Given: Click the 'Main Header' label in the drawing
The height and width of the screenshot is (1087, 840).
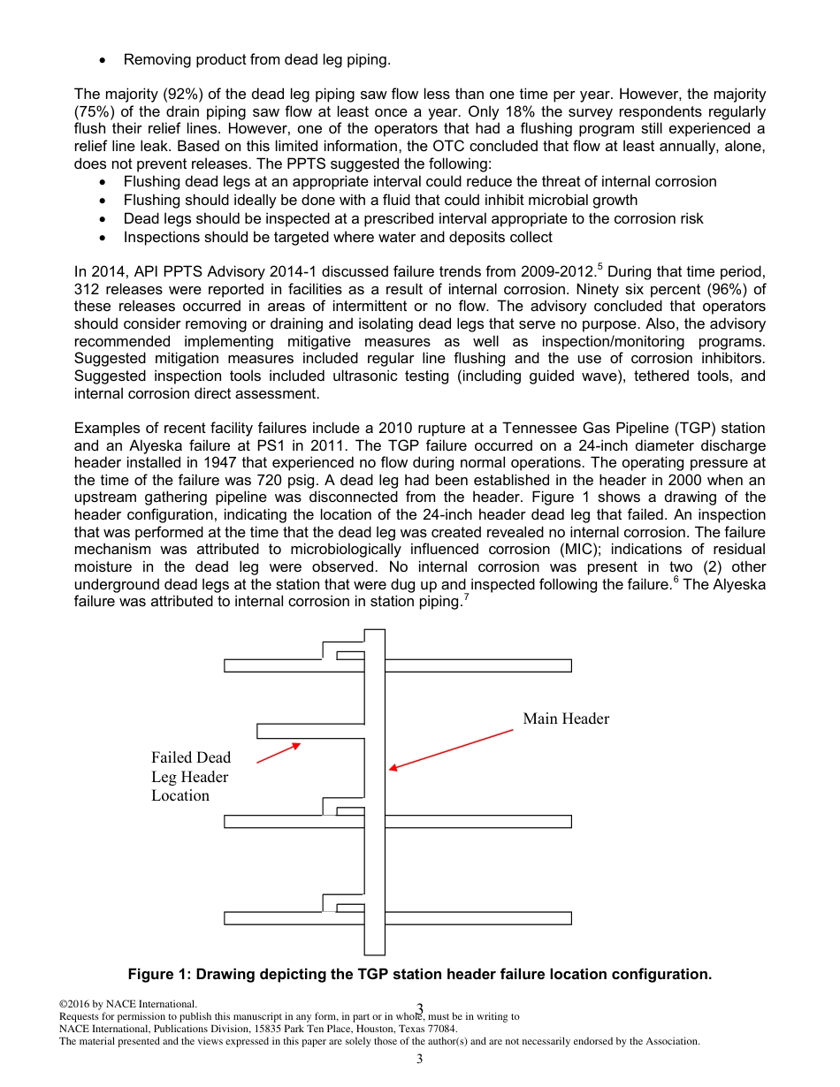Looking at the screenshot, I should [x=566, y=718].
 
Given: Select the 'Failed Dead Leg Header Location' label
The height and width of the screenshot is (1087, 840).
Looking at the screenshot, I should [x=190, y=777].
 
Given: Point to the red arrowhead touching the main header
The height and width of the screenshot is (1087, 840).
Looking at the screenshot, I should [x=393, y=768].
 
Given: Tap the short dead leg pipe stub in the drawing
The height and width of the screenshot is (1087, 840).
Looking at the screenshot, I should [x=309, y=731].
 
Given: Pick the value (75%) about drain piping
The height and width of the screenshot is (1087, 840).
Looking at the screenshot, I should [x=95, y=112].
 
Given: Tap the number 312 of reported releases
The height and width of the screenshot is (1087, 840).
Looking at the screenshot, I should [x=86, y=289].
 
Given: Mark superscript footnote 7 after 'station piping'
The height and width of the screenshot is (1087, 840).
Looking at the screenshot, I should [x=466, y=597].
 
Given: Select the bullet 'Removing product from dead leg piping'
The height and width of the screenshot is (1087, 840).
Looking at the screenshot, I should [x=256, y=60].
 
